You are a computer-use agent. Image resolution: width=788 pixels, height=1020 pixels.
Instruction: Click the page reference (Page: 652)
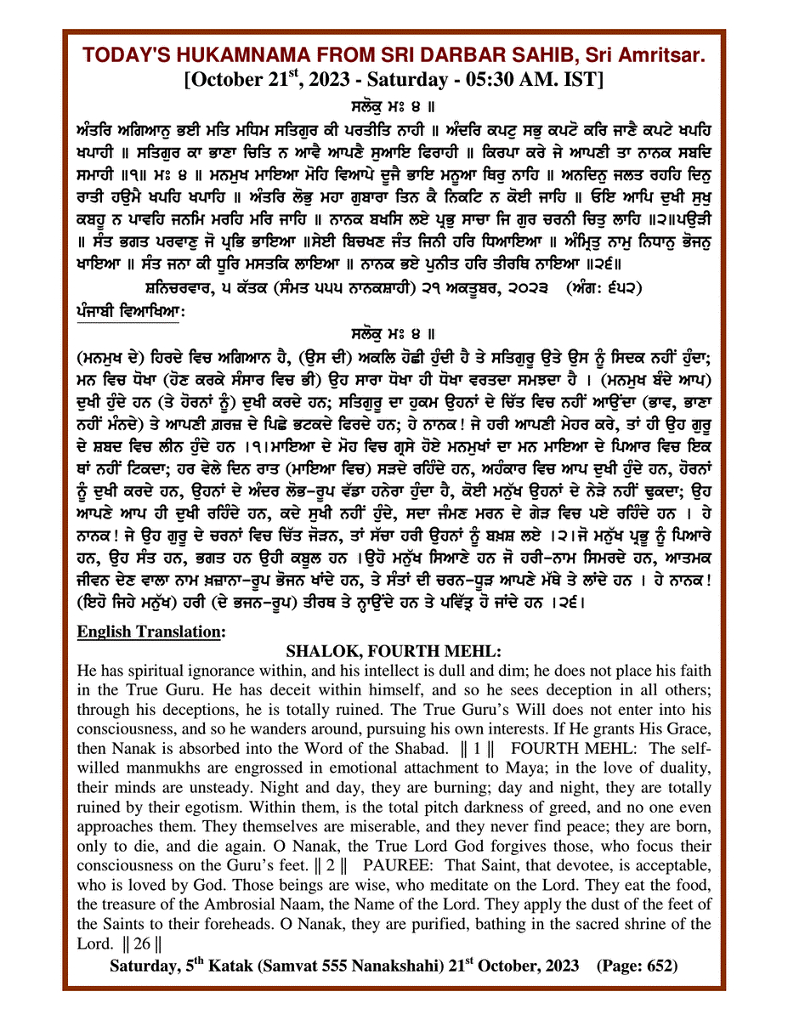[x=637, y=966]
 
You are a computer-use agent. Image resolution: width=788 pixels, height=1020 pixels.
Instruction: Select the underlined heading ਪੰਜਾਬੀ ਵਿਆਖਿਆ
[x=128, y=312]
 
